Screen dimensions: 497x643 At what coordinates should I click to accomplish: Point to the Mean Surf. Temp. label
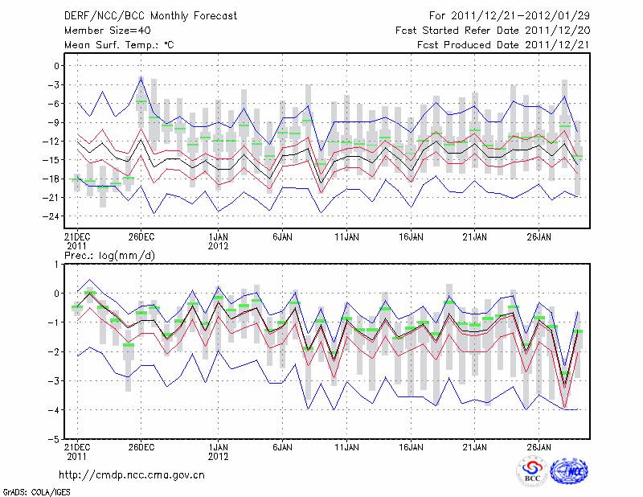pos(119,45)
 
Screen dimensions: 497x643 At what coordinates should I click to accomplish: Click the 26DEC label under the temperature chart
pos(141,237)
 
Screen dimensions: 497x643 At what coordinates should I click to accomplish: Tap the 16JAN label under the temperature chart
pos(411,237)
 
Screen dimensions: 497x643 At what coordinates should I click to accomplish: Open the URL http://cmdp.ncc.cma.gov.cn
pos(133,474)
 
